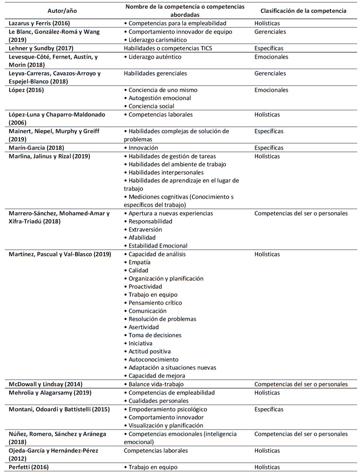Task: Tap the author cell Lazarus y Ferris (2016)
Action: click(42, 24)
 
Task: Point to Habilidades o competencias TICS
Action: click(168, 48)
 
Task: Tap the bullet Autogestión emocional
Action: click(158, 98)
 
